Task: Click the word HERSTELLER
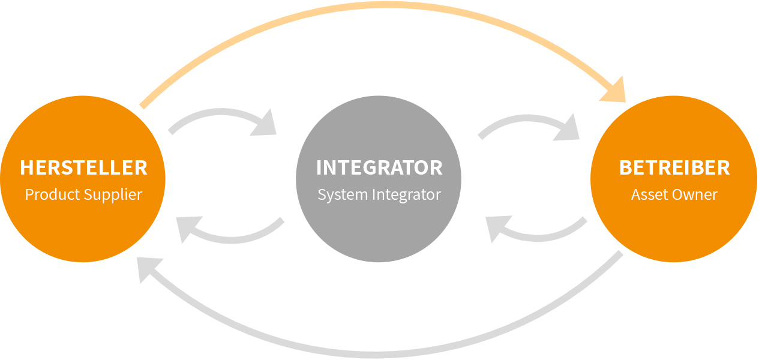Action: pos(83,167)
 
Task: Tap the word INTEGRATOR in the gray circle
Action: pos(379,167)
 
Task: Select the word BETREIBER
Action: pos(674,167)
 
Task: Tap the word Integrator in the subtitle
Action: pos(406,196)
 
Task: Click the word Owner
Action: pos(699,195)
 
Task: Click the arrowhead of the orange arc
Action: pos(616,90)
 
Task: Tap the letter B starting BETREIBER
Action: pos(625,167)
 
